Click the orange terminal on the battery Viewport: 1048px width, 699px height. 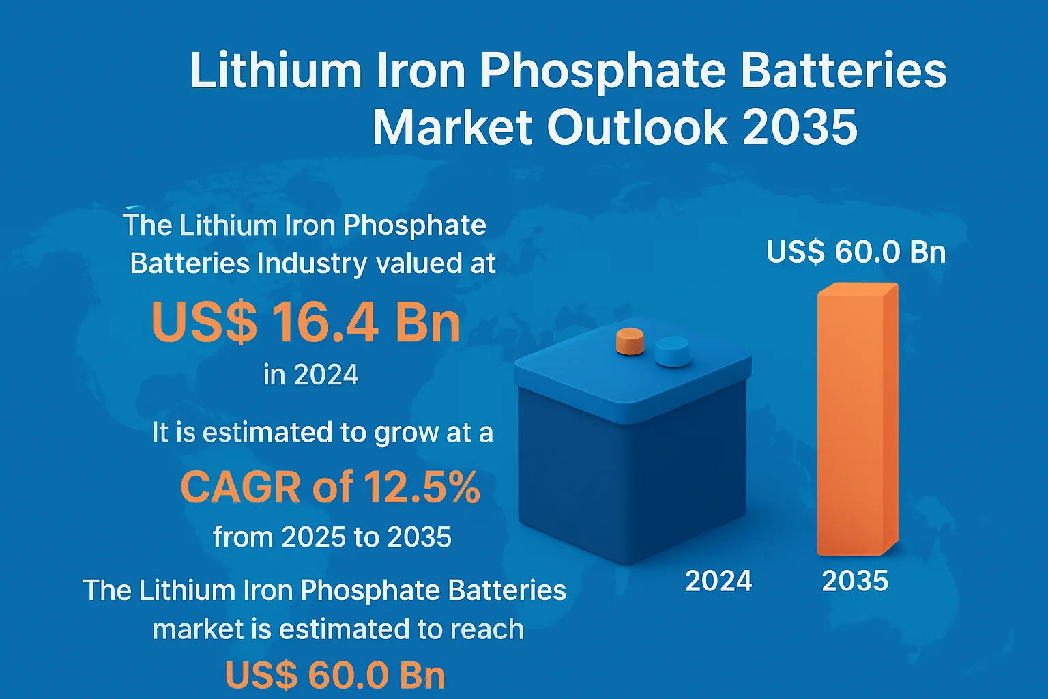tap(630, 341)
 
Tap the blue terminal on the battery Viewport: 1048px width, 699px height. tap(672, 351)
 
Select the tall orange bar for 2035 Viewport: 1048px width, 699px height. tap(857, 419)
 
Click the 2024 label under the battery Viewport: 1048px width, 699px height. tap(718, 581)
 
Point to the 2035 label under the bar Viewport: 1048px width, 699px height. tap(855, 581)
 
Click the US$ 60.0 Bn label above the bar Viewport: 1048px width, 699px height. tap(856, 252)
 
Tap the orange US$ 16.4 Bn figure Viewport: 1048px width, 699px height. tap(306, 322)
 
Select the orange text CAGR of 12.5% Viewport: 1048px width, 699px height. tap(330, 487)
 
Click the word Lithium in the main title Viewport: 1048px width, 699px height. tap(276, 70)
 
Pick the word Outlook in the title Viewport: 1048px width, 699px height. tap(637, 127)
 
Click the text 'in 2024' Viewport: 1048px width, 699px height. tap(311, 375)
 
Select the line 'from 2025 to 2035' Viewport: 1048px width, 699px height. tap(332, 537)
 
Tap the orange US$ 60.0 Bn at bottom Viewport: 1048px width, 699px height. tap(335, 675)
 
